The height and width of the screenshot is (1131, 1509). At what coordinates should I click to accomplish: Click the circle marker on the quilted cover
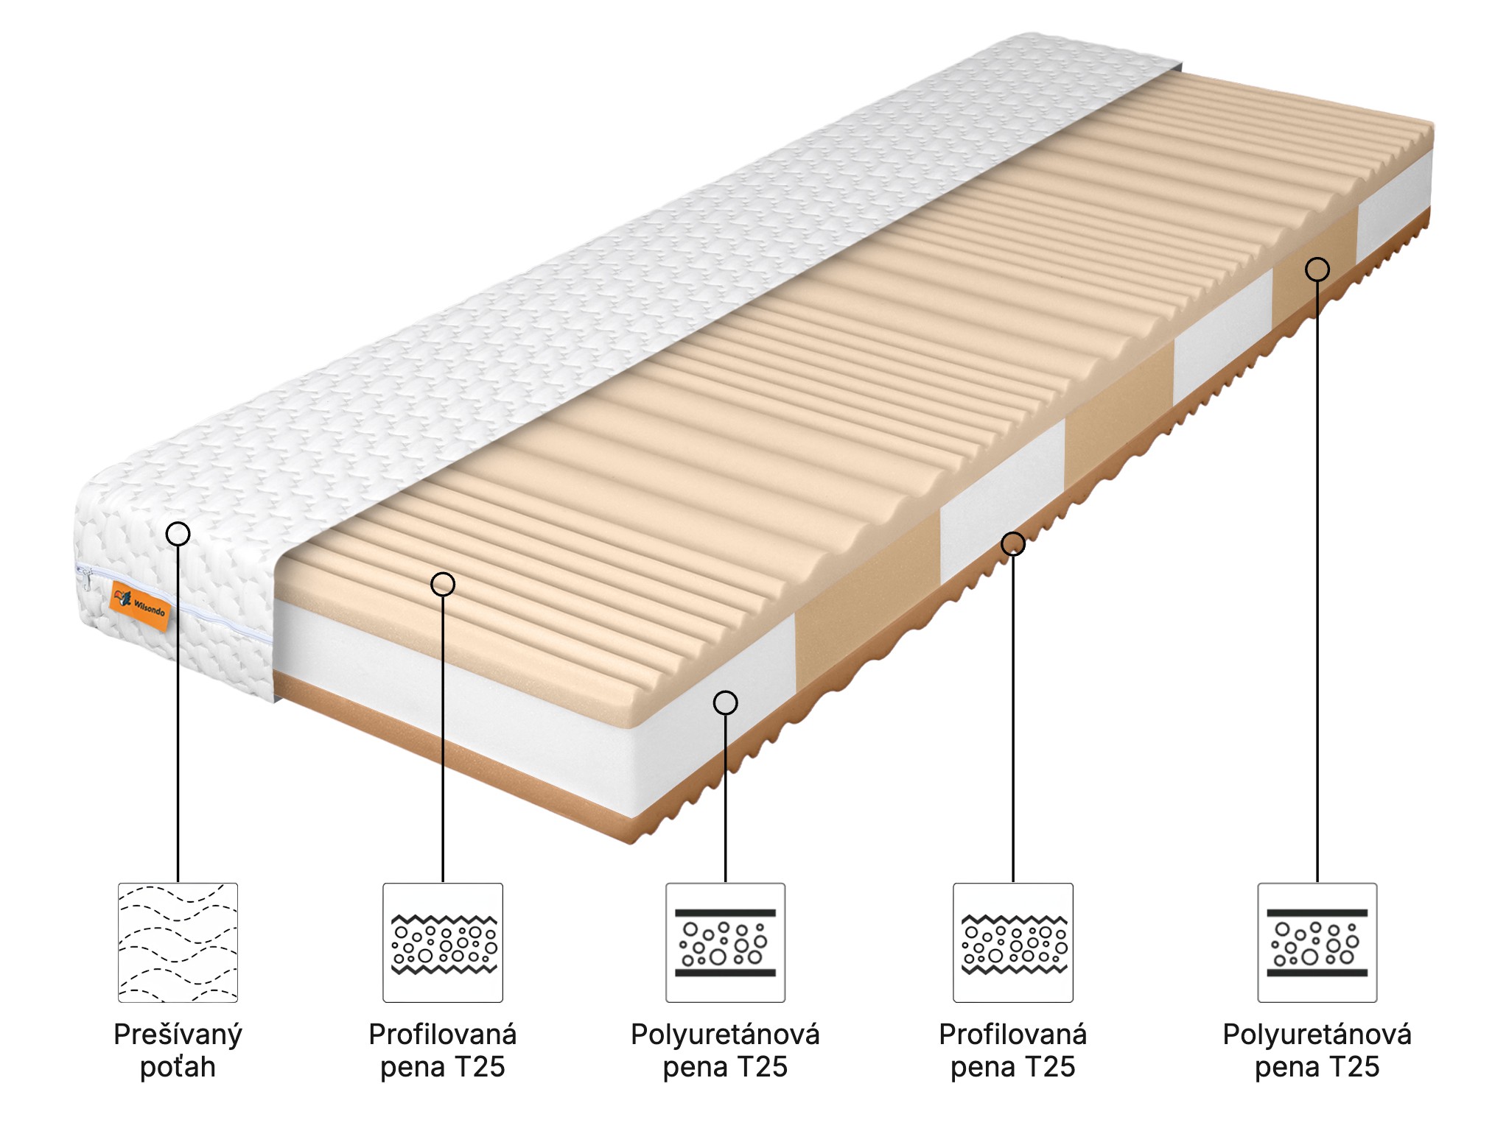[x=178, y=533]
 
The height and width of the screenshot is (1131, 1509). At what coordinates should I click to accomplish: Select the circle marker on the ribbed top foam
[x=443, y=584]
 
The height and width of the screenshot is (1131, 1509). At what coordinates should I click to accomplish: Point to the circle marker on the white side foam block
[x=726, y=702]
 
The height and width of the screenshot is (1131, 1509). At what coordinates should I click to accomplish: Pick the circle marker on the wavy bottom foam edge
[x=1013, y=543]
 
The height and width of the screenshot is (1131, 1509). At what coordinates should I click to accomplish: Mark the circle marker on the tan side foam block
[x=1317, y=269]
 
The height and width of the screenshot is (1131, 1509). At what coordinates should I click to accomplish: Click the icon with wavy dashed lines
[x=178, y=942]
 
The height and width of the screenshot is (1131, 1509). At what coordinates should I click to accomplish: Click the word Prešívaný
[x=178, y=1035]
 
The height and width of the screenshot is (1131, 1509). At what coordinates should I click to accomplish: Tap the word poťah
[x=178, y=1067]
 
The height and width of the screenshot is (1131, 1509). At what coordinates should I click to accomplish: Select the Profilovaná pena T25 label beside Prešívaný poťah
[x=443, y=1051]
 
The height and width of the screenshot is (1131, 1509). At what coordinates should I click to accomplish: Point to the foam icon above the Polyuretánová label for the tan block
[x=1317, y=942]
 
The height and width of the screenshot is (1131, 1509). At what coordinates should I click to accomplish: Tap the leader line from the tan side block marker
[x=1317, y=582]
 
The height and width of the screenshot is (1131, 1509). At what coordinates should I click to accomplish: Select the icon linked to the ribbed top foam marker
[x=443, y=942]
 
